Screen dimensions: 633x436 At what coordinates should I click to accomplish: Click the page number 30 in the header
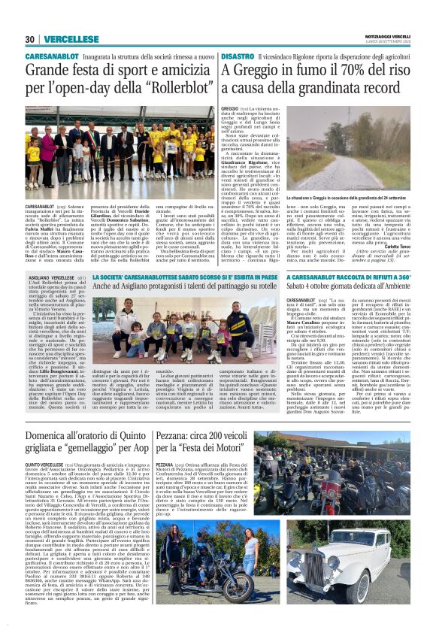coord(29,40)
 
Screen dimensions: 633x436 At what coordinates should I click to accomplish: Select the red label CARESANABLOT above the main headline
coord(47,57)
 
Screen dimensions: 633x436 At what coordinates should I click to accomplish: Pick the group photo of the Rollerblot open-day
coord(120,144)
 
